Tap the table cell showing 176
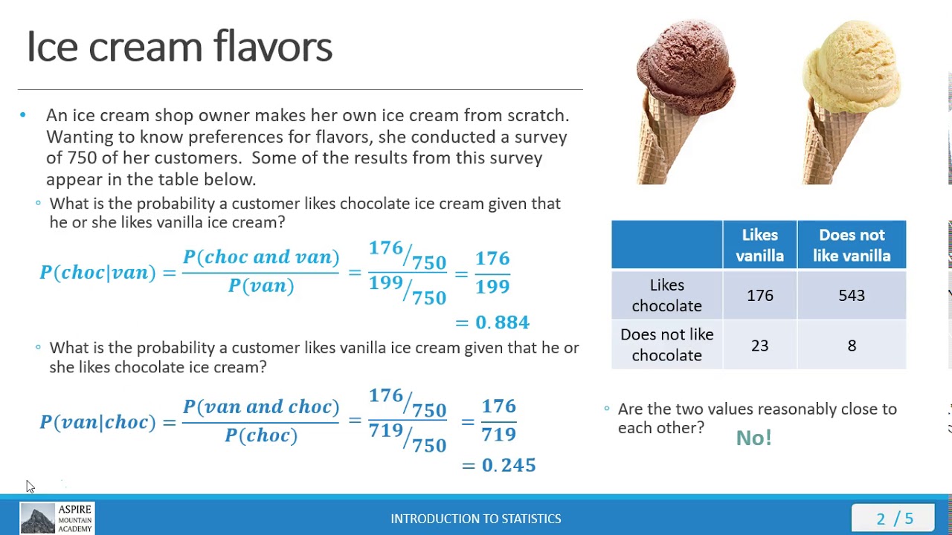(759, 296)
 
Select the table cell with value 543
(852, 296)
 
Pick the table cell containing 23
(759, 346)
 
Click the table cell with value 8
(852, 346)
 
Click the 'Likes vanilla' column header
(759, 245)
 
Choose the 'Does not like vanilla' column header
(852, 245)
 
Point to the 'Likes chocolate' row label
(666, 296)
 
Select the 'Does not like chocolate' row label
(666, 345)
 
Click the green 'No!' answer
(753, 438)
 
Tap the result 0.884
(502, 322)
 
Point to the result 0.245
(508, 465)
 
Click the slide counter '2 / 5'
(894, 519)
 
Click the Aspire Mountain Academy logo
(57, 519)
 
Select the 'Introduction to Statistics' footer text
(476, 519)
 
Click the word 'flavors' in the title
(272, 47)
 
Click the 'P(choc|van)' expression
(97, 273)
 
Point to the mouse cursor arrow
(30, 486)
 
